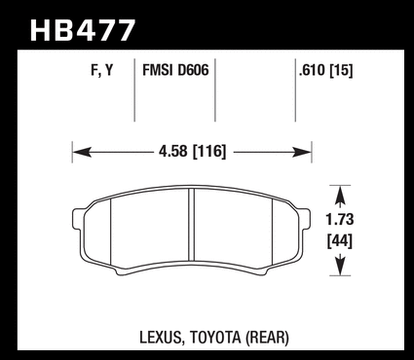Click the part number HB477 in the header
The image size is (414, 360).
click(83, 30)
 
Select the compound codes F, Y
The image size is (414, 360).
click(102, 70)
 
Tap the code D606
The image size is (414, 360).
click(193, 70)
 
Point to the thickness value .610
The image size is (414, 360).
click(312, 70)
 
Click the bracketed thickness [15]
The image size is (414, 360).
click(341, 70)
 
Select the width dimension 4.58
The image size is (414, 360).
click(173, 152)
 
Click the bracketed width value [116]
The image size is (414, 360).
click(209, 152)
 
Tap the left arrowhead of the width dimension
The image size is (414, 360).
click(82, 152)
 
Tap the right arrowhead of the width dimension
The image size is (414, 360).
click(302, 152)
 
